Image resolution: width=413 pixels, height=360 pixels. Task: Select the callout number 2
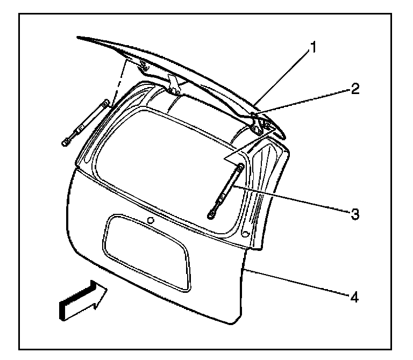click(x=354, y=89)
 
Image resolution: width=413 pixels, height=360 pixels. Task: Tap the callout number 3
click(x=354, y=213)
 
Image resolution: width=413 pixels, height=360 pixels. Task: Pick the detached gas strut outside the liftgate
click(x=86, y=123)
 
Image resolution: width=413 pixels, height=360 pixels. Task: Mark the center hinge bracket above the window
click(x=173, y=83)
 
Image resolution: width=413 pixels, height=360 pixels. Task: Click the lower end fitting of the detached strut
click(x=66, y=142)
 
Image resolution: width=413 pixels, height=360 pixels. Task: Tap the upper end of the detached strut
click(x=105, y=102)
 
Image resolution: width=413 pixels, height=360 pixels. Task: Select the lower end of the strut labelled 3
click(x=211, y=215)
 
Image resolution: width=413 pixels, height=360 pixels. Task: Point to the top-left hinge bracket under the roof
click(x=143, y=67)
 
